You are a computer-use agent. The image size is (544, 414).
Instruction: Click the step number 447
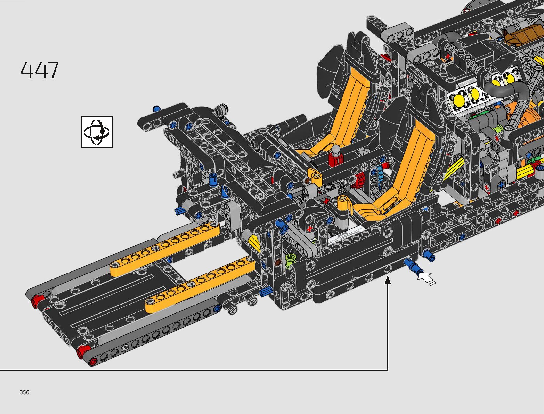tap(40, 71)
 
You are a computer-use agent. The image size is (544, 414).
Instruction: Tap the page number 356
tap(24, 392)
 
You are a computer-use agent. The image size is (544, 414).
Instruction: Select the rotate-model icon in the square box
tap(97, 132)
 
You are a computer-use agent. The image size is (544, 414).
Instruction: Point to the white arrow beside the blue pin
tap(426, 278)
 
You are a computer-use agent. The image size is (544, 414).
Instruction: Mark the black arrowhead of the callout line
tap(388, 280)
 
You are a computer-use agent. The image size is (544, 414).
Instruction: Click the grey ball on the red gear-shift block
tap(336, 150)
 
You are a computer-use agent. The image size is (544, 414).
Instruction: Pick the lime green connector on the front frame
tap(290, 258)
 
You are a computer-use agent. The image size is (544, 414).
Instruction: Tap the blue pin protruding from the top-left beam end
tap(156, 109)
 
